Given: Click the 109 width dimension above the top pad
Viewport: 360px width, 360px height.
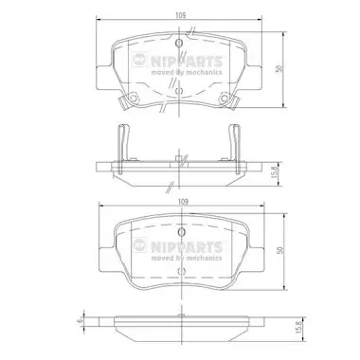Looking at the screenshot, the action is point(180,15).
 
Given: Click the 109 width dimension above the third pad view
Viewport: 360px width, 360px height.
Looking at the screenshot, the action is point(183,201).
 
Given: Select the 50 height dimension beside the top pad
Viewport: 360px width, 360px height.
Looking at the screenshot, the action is point(279,69).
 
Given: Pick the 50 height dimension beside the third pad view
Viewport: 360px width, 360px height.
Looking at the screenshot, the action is point(280,251).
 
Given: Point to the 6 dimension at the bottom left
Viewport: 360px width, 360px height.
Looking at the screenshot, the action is point(81,321).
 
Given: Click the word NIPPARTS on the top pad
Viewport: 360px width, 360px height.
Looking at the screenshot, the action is point(187,61).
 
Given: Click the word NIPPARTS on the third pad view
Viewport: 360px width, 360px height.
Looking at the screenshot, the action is point(187,246).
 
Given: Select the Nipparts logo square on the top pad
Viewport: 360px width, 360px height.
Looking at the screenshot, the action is point(139,60).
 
